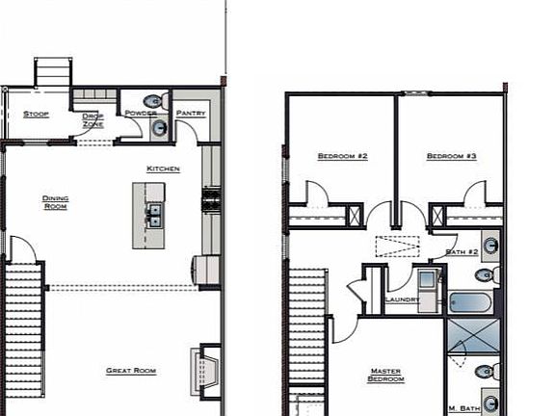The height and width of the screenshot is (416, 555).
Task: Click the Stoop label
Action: click(37, 114)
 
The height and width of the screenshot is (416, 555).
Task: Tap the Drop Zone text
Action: click(93, 119)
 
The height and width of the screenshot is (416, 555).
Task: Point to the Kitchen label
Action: click(163, 169)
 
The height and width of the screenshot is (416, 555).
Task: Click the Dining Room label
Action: click(55, 202)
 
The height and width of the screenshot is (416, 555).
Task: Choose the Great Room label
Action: click(131, 371)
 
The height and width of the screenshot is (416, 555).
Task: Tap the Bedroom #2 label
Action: click(343, 156)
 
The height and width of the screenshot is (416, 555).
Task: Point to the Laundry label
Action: click(402, 299)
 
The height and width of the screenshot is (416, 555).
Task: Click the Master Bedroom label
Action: click(386, 375)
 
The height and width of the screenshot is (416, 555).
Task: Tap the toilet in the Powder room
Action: click(152, 101)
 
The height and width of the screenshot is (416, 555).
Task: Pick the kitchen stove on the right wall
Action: click(209, 201)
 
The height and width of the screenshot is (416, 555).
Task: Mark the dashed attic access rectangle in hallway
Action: click(397, 246)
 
